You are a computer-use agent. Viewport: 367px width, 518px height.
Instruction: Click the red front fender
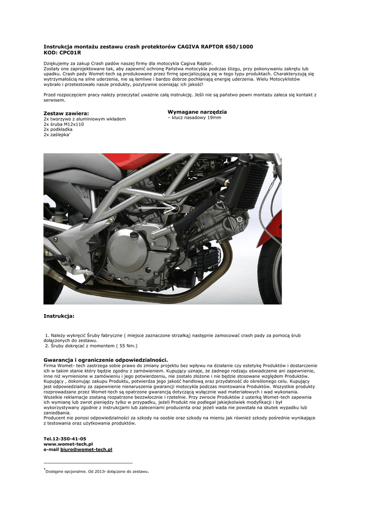271,228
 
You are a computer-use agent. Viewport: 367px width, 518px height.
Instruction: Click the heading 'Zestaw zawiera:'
66,113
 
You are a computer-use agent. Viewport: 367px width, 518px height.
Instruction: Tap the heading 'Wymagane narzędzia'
197,111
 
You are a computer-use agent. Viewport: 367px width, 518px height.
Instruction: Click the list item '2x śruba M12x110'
64,124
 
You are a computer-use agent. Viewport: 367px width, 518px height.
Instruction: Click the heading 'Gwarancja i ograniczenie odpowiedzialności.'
105,359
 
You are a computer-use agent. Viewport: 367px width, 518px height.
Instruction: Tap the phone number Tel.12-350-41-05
65,439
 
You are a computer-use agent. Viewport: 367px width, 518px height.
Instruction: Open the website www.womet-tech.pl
68,444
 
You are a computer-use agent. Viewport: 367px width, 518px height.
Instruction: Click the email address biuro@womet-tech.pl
86,449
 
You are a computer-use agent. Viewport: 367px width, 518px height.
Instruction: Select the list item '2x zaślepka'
57,135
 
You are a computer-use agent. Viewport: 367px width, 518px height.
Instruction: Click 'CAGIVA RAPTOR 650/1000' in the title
215,47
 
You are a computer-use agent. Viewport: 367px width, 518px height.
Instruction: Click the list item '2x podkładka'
58,129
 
